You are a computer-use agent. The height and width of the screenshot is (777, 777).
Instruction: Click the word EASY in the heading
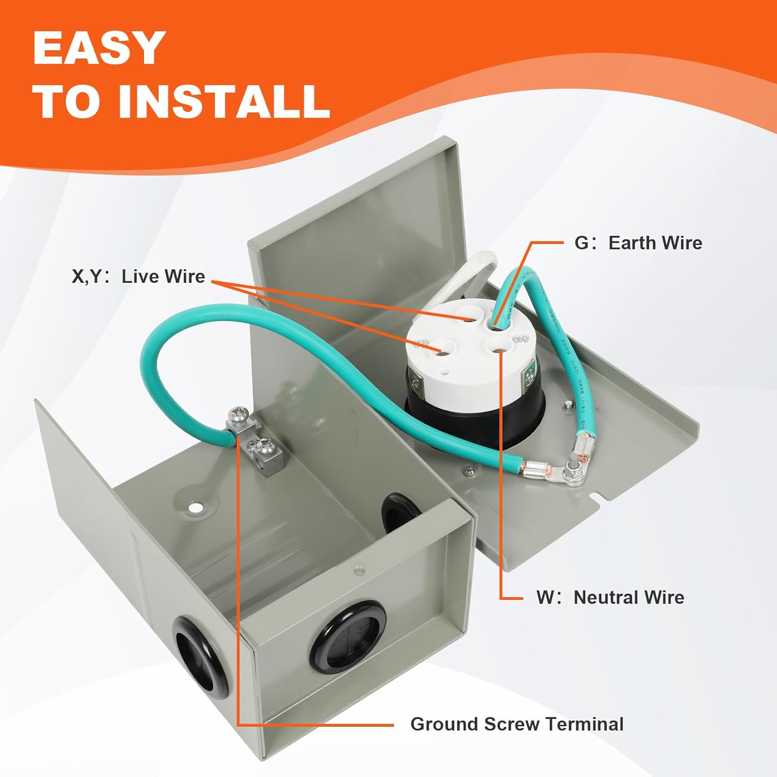pos(99,48)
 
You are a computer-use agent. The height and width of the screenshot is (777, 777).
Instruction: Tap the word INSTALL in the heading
pos(224,100)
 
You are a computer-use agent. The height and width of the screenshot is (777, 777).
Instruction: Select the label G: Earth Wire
pos(638,243)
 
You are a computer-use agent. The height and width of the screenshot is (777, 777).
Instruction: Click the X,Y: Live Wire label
pos(138,277)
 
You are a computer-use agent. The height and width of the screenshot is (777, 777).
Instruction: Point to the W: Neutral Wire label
pos(610,597)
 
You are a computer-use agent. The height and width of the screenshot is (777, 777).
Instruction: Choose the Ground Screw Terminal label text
pos(516,724)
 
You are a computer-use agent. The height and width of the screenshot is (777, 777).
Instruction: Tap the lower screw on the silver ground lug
pos(258,444)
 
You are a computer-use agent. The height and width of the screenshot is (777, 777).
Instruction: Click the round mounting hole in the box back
pos(195,507)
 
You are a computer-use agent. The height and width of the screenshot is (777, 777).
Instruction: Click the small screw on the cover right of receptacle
pos(569,405)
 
